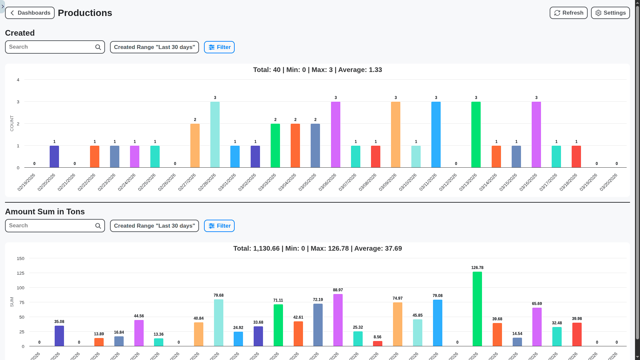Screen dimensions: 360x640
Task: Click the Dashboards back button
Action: coord(30,13)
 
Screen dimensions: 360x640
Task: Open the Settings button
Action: coord(610,13)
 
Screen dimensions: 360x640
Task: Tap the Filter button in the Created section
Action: coord(219,47)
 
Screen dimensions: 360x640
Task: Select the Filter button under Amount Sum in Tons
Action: coord(219,226)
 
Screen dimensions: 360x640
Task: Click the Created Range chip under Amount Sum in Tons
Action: coord(154,226)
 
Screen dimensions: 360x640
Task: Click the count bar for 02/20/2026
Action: coord(54,157)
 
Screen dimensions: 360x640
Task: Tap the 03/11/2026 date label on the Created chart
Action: coord(428,182)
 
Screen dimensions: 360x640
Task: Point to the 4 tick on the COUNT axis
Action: coord(18,80)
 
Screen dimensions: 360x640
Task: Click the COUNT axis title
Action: coord(12,123)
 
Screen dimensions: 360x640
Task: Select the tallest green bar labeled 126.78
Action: coord(477,309)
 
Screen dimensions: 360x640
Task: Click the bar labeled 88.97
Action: coord(338,320)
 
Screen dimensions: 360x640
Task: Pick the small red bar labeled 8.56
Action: coord(377,344)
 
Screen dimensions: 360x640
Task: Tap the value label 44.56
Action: coord(139,316)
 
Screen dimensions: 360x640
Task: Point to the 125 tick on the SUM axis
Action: coord(21,273)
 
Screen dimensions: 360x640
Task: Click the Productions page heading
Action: coord(85,13)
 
